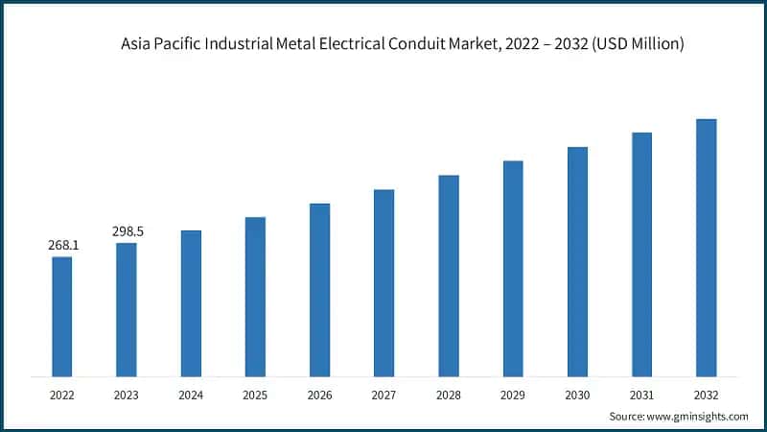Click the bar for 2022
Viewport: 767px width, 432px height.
click(x=62, y=316)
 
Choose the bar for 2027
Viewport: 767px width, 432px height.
click(x=384, y=282)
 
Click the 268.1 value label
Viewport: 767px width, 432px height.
click(x=63, y=246)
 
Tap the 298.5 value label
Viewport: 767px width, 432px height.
click(x=128, y=231)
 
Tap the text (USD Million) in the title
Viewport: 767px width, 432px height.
click(x=636, y=44)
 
